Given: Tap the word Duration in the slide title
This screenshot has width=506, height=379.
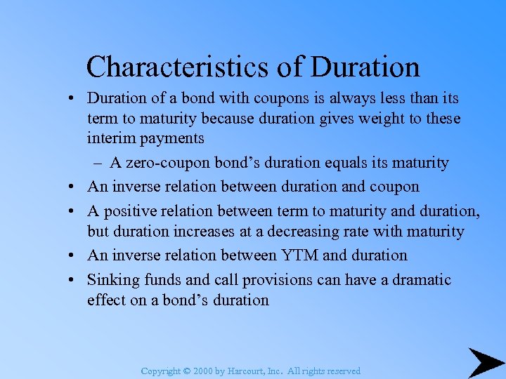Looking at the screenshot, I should (365, 67).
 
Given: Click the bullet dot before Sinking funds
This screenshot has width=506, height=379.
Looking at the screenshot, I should (73, 280).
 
